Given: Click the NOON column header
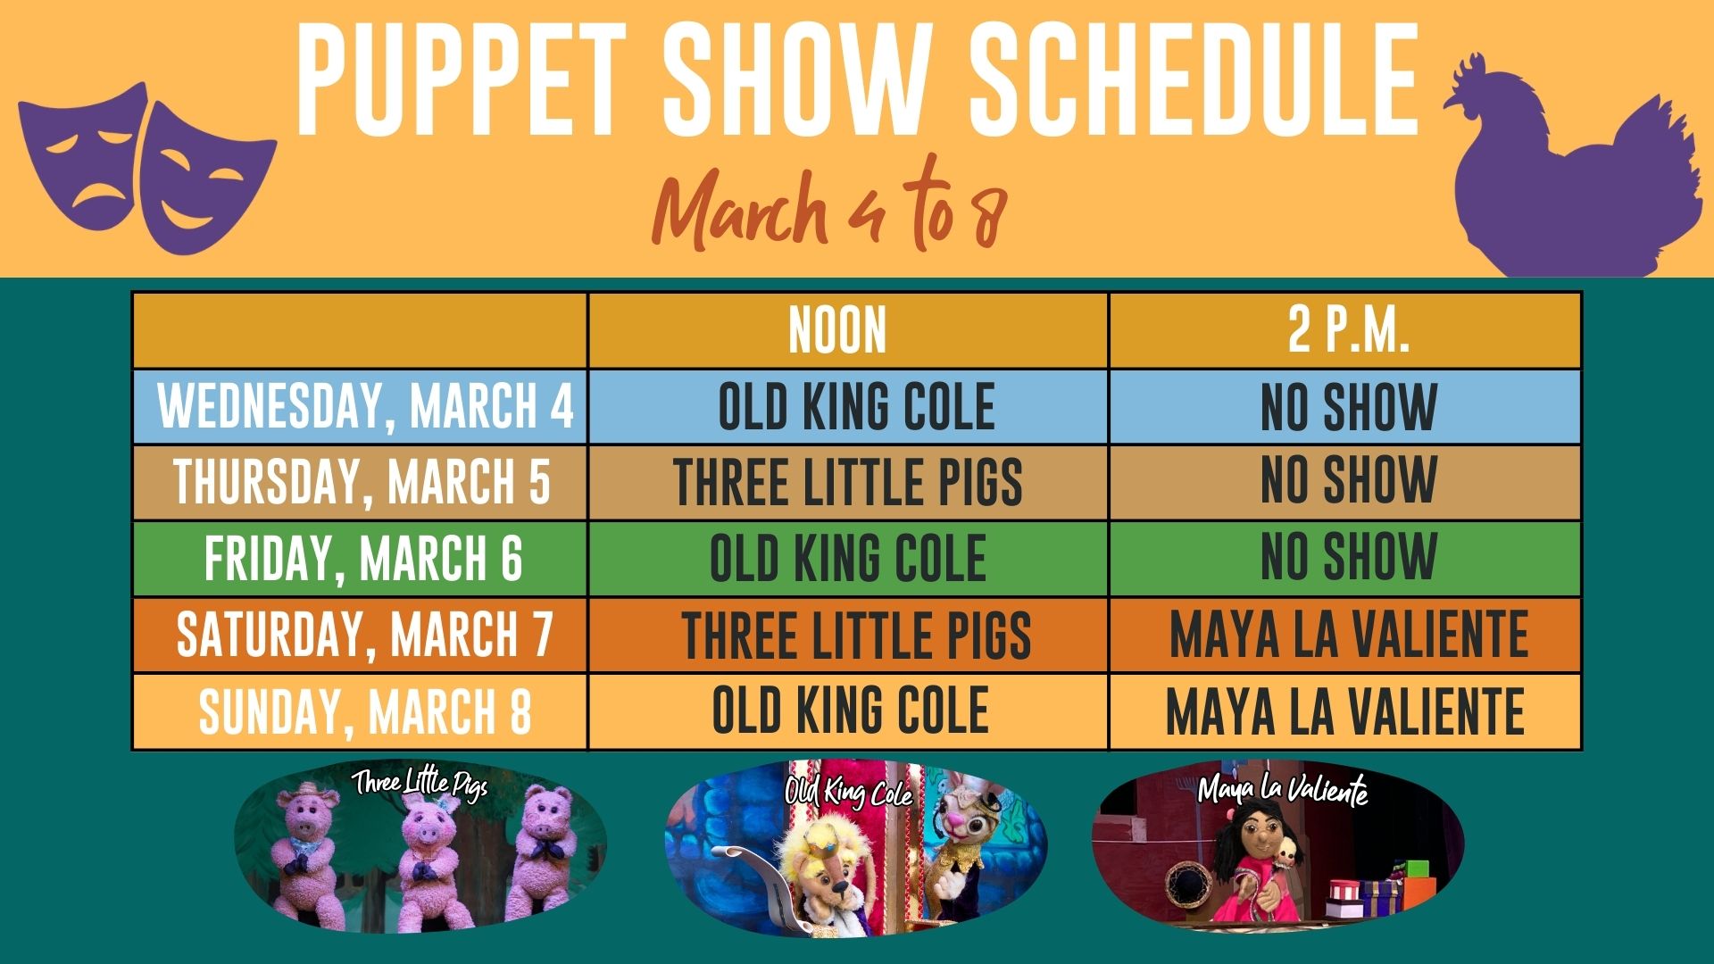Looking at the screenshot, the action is pos(837,330).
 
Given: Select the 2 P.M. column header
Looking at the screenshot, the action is pos(1348,330).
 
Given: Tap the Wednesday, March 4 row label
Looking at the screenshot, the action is pos(365,406).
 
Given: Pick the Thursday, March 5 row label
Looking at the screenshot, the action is pos(362,482).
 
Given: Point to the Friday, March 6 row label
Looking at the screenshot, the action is pos(363,559).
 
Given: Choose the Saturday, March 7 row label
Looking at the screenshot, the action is pos(364,635).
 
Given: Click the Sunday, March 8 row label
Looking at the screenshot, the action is pos(364,711).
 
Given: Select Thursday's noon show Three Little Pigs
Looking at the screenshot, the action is pos(848,482).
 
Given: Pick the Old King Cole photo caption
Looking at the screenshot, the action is pos(849,792).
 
